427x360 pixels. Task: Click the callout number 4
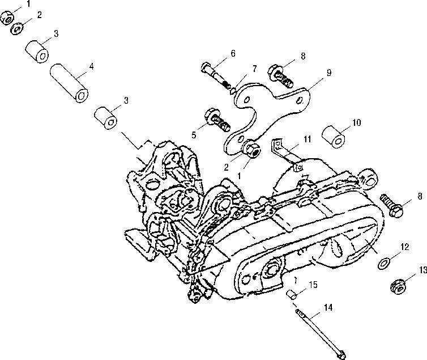pyautogui.click(x=92, y=66)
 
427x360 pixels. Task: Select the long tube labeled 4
pyautogui.click(x=69, y=83)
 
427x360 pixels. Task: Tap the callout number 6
pyautogui.click(x=233, y=53)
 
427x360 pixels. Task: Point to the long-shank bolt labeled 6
pyautogui.click(x=216, y=75)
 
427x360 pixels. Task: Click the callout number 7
pyautogui.click(x=254, y=69)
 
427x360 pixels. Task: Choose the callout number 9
pyautogui.click(x=328, y=73)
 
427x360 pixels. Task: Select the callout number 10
pyautogui.click(x=356, y=122)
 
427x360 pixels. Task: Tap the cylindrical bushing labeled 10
pyautogui.click(x=333, y=137)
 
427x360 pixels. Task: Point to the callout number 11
pyautogui.click(x=307, y=139)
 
